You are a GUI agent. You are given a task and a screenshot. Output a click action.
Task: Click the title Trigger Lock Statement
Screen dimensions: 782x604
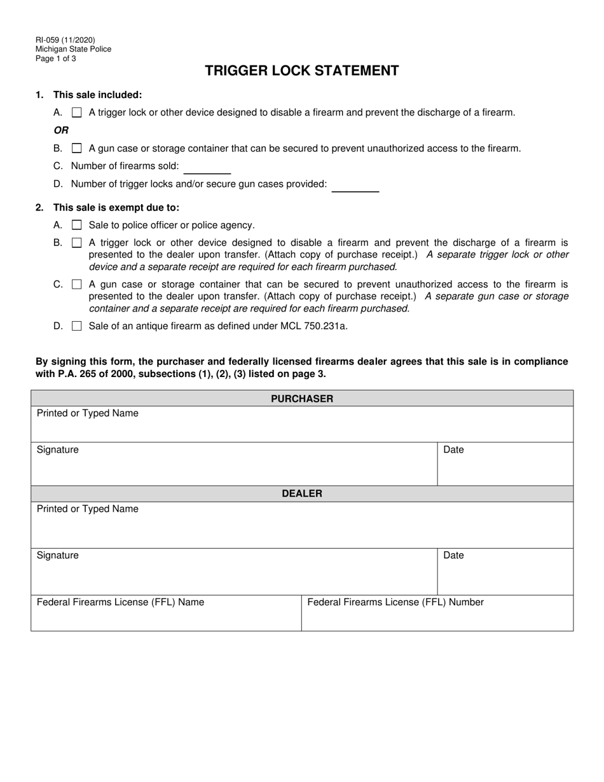pyautogui.click(x=301, y=71)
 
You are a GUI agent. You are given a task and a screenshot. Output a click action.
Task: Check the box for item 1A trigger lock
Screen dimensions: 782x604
pyautogui.click(x=77, y=113)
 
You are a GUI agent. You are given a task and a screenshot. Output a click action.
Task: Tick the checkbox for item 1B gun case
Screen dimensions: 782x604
pyautogui.click(x=77, y=148)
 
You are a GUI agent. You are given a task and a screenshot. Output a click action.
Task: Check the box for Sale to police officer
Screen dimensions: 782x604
pyautogui.click(x=77, y=225)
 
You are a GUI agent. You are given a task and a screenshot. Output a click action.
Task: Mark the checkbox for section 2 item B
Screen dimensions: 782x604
pyautogui.click(x=77, y=243)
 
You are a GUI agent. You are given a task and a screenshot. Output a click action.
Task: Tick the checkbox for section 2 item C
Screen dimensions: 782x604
pyautogui.click(x=77, y=285)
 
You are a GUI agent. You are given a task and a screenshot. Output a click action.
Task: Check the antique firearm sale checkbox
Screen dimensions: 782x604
pyautogui.click(x=77, y=326)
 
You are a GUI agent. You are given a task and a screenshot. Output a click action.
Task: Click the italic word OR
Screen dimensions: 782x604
pyautogui.click(x=61, y=130)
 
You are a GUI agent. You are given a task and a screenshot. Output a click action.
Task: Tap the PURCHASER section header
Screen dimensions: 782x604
pyautogui.click(x=302, y=399)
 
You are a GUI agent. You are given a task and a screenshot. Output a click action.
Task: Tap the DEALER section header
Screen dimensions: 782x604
pyautogui.click(x=302, y=493)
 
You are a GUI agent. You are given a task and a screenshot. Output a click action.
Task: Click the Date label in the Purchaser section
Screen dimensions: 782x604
pyautogui.click(x=453, y=449)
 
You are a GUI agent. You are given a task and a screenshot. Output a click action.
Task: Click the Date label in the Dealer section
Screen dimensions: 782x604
pyautogui.click(x=453, y=555)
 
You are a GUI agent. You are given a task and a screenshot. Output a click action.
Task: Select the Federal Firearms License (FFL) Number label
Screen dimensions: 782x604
pyautogui.click(x=395, y=602)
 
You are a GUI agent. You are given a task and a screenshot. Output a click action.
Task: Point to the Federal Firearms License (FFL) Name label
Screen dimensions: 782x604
pyautogui.click(x=120, y=602)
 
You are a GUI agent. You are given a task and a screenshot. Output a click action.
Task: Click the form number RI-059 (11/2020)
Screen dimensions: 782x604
pyautogui.click(x=65, y=40)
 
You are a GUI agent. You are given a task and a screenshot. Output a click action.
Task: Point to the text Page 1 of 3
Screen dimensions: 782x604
pyautogui.click(x=56, y=58)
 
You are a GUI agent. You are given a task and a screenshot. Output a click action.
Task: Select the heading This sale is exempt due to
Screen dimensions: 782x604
pyautogui.click(x=116, y=207)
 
